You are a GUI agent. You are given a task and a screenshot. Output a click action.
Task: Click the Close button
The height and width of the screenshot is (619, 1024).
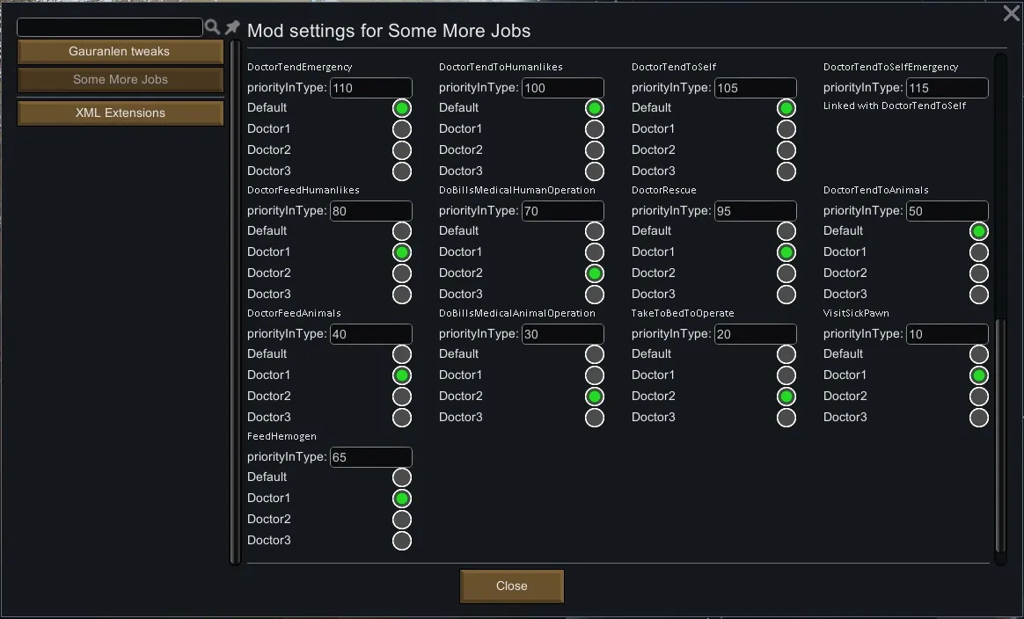click(x=511, y=586)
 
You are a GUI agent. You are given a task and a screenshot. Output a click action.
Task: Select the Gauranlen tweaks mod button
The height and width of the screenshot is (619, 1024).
click(x=120, y=52)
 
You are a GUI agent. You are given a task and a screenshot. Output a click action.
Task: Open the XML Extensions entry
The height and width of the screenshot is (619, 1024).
click(x=120, y=113)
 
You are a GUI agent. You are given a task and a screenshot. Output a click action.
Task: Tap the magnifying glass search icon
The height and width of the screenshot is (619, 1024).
click(x=212, y=27)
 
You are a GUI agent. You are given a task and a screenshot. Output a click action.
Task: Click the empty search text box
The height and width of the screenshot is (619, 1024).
click(x=109, y=27)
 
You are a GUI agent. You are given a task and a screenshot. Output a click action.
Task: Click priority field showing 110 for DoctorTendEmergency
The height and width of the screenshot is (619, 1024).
click(x=370, y=88)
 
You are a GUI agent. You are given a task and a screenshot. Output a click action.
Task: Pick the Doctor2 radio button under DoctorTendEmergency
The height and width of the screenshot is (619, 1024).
click(x=402, y=150)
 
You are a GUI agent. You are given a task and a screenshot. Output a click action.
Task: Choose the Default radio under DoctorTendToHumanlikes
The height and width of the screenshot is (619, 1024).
click(x=595, y=108)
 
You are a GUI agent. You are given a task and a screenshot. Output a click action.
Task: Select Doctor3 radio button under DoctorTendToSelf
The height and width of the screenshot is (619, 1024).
click(x=786, y=171)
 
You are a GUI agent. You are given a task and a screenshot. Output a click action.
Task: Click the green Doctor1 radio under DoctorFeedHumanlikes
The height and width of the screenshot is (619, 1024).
click(x=402, y=252)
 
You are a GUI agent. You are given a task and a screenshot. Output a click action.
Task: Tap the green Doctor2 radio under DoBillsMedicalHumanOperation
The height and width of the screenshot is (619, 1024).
click(x=595, y=273)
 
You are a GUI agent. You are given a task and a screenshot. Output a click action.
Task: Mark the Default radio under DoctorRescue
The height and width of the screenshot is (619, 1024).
click(x=786, y=231)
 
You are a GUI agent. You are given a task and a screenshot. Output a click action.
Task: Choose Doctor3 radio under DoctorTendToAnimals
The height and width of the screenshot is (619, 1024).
click(x=979, y=295)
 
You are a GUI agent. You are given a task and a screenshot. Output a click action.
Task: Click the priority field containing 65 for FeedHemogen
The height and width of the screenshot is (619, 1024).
click(x=370, y=457)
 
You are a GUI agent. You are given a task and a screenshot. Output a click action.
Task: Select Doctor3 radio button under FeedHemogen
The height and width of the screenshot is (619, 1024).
click(x=402, y=541)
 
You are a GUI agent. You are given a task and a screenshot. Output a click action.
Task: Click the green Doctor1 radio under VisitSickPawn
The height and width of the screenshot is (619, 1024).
click(x=979, y=375)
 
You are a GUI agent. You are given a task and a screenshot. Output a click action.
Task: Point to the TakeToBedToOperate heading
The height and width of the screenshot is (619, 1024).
click(x=683, y=313)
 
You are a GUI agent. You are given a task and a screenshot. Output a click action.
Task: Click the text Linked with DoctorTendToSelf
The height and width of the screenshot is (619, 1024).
click(x=895, y=106)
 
